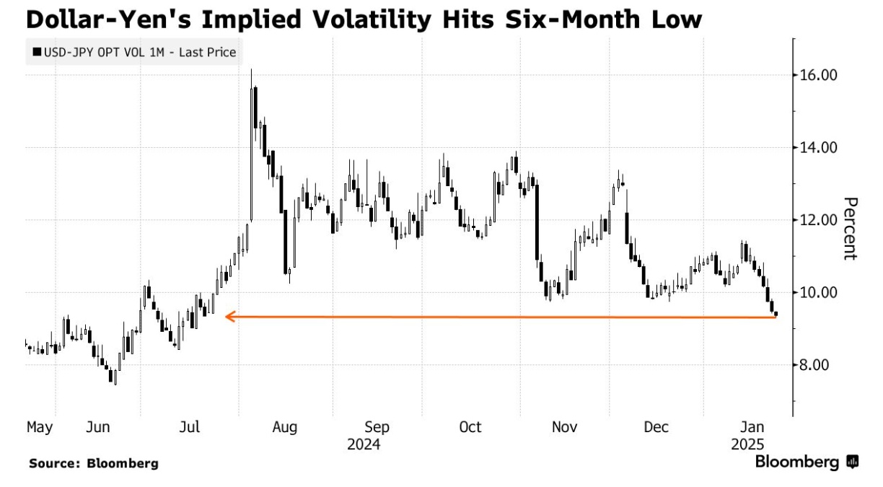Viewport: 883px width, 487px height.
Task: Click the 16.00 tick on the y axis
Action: (816, 75)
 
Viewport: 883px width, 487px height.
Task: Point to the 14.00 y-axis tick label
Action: (816, 147)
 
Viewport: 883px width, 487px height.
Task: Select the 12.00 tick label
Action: (816, 220)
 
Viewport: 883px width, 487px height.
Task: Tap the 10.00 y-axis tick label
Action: (816, 292)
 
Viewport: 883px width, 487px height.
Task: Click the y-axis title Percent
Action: (850, 228)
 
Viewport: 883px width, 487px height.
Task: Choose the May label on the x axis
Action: (40, 428)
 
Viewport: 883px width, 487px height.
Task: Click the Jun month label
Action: (97, 428)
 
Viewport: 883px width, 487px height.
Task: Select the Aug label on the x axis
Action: (285, 428)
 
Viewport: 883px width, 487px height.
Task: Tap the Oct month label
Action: (470, 428)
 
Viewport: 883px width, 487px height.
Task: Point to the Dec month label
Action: (656, 428)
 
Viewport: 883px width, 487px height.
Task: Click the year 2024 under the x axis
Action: (364, 444)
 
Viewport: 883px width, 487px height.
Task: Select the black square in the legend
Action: (36, 52)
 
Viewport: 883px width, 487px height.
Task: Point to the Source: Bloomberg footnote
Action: (93, 463)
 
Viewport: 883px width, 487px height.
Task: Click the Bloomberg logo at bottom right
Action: (807, 462)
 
